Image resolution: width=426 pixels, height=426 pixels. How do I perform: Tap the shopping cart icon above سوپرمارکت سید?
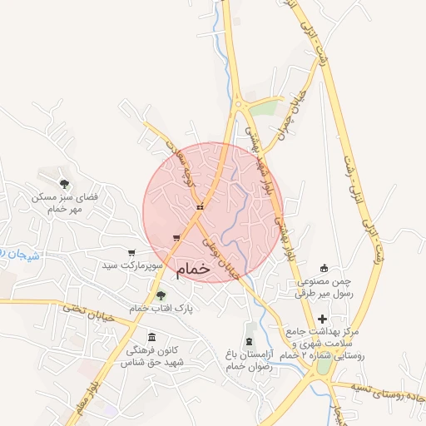pos(131,252)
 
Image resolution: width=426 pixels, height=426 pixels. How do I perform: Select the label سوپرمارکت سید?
pos(131,265)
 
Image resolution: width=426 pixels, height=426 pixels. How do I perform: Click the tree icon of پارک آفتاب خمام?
pos(161,295)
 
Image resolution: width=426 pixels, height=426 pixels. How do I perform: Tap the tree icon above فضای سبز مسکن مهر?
pos(64,183)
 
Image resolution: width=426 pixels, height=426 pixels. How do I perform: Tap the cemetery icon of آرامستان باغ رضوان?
pos(249,343)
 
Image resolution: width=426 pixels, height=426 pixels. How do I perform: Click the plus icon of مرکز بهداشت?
pos(322,319)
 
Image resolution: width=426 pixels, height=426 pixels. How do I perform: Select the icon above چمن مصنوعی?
pos(325,269)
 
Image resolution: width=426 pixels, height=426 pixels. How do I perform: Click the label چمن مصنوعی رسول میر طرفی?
pos(324,287)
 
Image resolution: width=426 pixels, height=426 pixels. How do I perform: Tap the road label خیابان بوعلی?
pos(224,255)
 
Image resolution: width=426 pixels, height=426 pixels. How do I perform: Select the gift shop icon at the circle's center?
pos(200,207)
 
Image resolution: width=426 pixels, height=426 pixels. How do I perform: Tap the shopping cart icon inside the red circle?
pos(176,238)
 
